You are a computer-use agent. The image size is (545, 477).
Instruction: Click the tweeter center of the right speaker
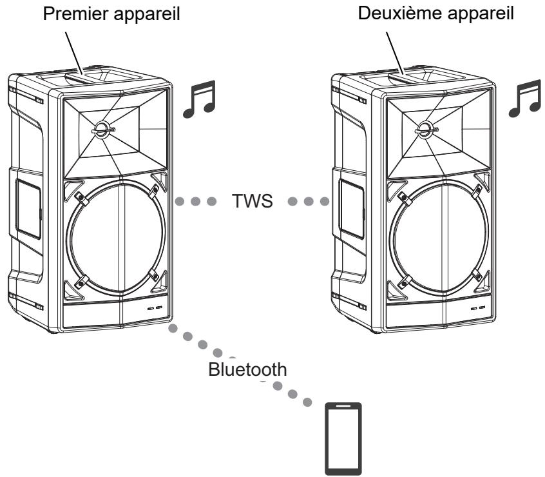[425, 128]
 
